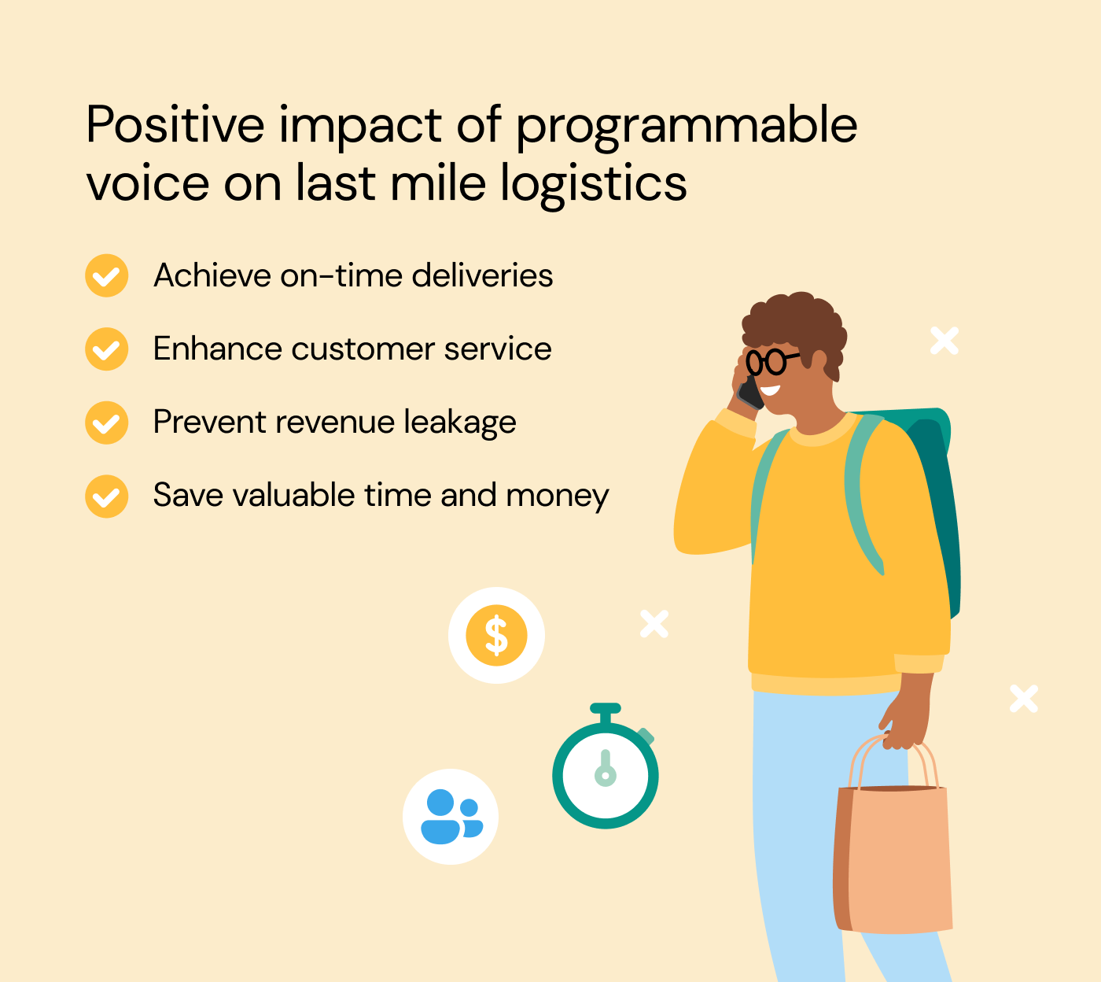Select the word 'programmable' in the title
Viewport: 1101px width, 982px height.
[x=686, y=126]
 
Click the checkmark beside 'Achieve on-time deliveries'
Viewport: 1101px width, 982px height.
[x=106, y=276]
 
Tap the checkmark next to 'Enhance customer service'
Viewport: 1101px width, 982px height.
[x=106, y=349]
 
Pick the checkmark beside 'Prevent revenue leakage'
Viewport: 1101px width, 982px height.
[x=106, y=423]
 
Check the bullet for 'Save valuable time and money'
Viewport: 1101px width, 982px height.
[x=106, y=496]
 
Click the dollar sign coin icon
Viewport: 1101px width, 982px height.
[x=496, y=635]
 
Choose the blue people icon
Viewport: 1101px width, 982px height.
[x=451, y=817]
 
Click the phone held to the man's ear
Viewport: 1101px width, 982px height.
[x=750, y=391]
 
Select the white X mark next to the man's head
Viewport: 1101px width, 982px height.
[x=944, y=341]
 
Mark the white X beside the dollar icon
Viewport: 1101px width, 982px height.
[x=654, y=624]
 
